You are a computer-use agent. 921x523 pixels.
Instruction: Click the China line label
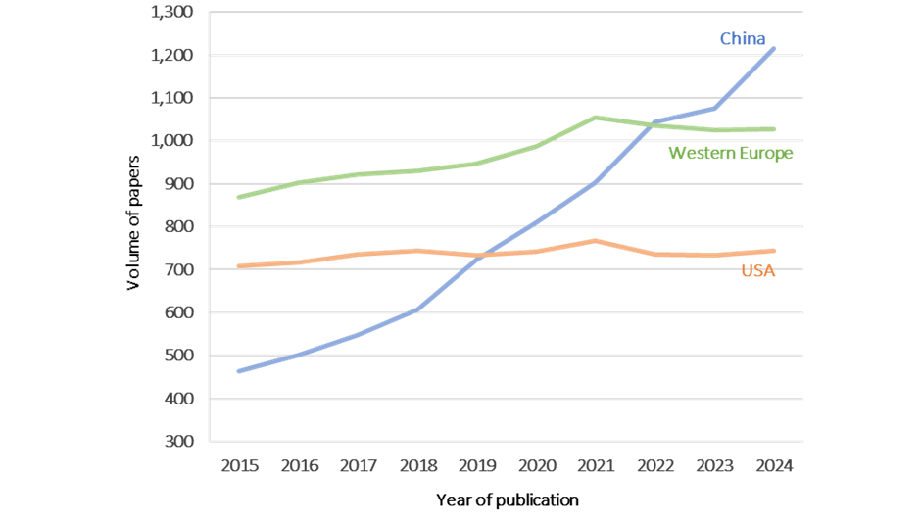click(742, 39)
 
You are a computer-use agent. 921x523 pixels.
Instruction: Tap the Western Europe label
click(730, 153)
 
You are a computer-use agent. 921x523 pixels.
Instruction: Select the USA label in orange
click(757, 271)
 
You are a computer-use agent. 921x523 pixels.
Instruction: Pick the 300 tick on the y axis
click(179, 442)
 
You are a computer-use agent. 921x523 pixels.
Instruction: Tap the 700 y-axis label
click(179, 269)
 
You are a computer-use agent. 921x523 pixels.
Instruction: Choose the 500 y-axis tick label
click(179, 356)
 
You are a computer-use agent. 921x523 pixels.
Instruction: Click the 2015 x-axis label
click(239, 466)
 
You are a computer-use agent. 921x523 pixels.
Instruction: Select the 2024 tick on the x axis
click(773, 466)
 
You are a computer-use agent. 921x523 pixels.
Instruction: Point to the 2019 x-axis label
click(476, 466)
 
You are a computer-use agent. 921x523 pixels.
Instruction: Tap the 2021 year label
click(595, 466)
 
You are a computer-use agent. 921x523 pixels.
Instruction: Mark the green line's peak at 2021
click(595, 118)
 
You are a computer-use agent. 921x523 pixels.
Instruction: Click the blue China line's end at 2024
click(774, 48)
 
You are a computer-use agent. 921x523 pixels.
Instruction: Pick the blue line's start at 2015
click(239, 371)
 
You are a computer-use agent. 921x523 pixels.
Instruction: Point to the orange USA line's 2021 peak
click(595, 240)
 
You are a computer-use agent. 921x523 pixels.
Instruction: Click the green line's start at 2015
click(239, 197)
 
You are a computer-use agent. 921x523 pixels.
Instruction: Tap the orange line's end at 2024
click(774, 251)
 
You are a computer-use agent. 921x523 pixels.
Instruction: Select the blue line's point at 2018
click(416, 309)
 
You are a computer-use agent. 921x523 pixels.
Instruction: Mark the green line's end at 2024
click(774, 129)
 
